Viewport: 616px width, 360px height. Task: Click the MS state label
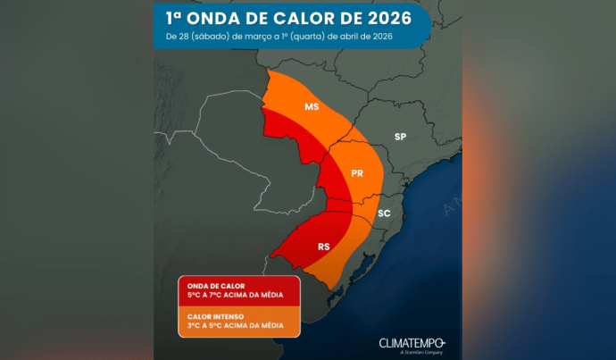click(x=312, y=107)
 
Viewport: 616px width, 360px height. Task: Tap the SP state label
click(x=400, y=137)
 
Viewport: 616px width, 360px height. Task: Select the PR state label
click(x=357, y=173)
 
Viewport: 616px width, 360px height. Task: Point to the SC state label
click(x=384, y=213)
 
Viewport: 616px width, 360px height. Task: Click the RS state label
click(x=324, y=247)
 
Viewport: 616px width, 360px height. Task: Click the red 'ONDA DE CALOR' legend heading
click(x=216, y=286)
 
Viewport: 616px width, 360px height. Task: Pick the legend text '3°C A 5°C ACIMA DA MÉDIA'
click(x=236, y=325)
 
